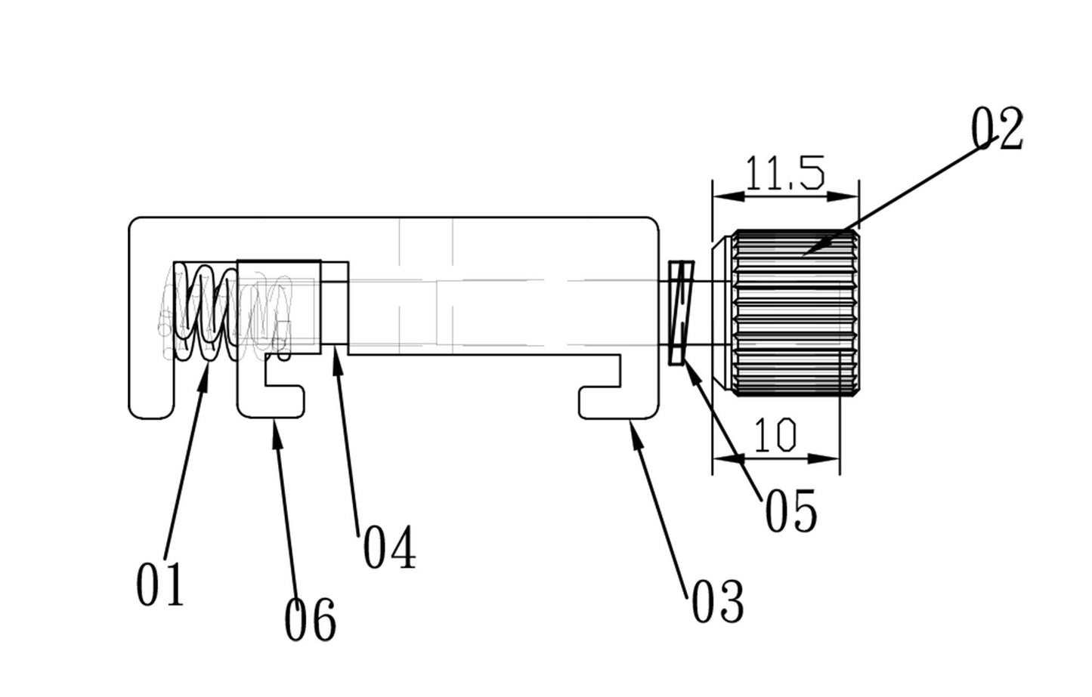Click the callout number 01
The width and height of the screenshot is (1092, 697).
coord(160,584)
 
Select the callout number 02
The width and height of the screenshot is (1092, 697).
coord(998,128)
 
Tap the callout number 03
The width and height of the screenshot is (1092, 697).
coord(718,602)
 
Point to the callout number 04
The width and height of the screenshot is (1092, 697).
coord(390,547)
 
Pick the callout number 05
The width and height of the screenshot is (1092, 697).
coord(790,510)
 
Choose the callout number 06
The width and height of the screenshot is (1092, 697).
coord(310,619)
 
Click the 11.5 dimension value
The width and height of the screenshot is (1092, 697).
coord(785,173)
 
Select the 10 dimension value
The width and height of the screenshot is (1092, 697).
coord(775,434)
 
